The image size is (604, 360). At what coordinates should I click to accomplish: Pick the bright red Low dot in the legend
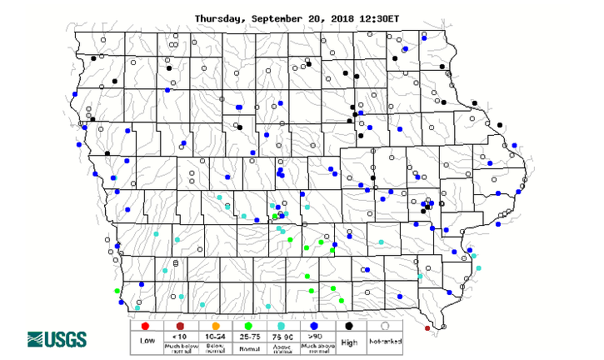tap(145, 325)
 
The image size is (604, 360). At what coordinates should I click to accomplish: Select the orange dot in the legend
tap(214, 325)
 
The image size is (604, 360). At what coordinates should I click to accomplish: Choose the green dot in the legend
tap(249, 325)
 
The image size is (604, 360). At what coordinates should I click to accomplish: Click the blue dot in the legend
tap(315, 325)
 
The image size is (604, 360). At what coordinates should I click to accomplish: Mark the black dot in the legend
tap(350, 325)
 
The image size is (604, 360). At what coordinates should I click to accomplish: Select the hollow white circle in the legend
tap(385, 325)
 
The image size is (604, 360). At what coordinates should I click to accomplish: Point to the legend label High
tap(351, 342)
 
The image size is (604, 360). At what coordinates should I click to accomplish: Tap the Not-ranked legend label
tap(385, 342)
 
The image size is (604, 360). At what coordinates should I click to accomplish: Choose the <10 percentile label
tap(179, 335)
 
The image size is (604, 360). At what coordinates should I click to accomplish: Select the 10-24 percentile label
tap(214, 335)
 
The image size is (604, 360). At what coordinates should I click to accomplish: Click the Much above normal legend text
tap(315, 345)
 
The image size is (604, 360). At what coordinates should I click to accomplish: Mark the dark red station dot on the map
tap(427, 329)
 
